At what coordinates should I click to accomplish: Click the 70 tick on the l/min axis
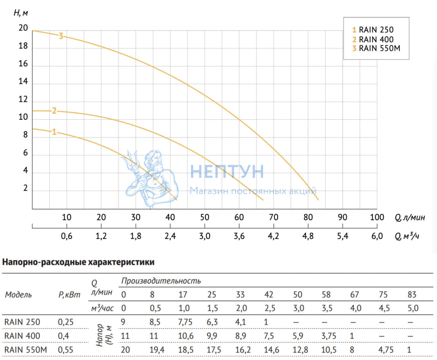(273, 217)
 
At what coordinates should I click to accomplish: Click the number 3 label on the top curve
(61, 36)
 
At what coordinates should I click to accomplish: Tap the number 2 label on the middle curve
(54, 111)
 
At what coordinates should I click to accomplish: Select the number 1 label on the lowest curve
(54, 132)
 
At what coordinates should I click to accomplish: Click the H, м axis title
(21, 12)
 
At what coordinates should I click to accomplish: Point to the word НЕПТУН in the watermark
(227, 171)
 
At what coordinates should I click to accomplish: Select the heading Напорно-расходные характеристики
(79, 263)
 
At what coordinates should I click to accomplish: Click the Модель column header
(18, 294)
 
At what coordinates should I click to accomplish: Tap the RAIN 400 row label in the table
(22, 336)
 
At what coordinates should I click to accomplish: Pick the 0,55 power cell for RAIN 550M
(65, 350)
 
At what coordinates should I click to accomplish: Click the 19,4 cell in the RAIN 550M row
(156, 350)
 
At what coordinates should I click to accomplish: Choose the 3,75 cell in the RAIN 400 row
(327, 336)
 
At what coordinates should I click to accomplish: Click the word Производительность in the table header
(161, 280)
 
